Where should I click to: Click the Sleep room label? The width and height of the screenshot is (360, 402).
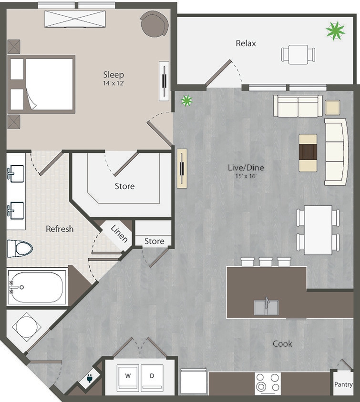click(113, 74)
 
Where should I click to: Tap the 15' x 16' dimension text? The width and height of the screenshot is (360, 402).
click(246, 176)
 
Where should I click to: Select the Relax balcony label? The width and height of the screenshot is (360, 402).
click(246, 43)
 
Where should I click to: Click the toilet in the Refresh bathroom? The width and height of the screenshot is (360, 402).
click(20, 248)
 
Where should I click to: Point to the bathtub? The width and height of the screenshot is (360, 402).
click(37, 287)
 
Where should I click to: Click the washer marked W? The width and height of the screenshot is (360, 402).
click(127, 375)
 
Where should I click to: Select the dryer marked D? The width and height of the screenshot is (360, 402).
click(152, 375)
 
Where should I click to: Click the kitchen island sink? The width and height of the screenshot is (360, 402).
click(266, 307)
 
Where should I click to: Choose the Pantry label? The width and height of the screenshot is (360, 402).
click(343, 384)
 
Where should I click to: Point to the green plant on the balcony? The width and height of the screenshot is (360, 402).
click(335, 31)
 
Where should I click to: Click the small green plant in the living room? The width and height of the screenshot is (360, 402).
click(186, 100)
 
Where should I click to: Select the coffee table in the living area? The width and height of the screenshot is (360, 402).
click(308, 152)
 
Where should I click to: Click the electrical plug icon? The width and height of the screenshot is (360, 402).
click(89, 379)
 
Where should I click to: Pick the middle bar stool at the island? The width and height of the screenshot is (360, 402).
click(266, 261)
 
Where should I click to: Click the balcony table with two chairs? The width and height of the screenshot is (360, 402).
click(298, 54)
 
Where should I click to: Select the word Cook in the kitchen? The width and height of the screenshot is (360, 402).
click(282, 343)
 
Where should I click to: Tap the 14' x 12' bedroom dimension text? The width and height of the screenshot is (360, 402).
click(113, 82)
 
